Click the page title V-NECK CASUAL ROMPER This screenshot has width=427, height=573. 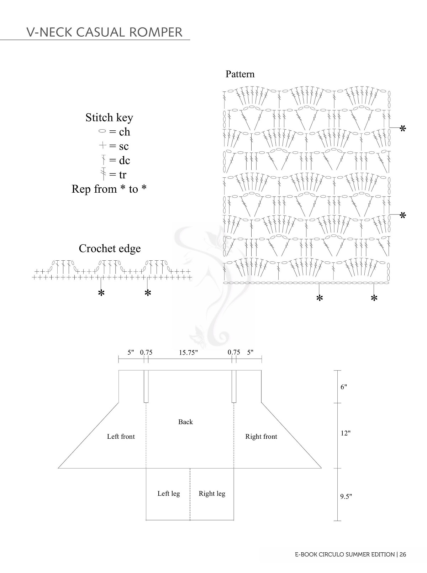(104, 32)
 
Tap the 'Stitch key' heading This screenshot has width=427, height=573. (109, 118)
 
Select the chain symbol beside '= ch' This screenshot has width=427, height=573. (102, 132)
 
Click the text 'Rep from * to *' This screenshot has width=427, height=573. (109, 189)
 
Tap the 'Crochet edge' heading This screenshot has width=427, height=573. (110, 248)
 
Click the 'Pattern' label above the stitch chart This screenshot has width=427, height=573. (240, 74)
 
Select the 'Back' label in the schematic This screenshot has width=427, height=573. (185, 422)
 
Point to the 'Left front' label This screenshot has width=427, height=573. (121, 436)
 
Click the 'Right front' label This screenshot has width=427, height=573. (261, 436)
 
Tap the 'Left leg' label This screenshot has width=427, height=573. (169, 493)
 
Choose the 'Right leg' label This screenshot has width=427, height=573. (212, 493)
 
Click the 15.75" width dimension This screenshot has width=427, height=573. (188, 352)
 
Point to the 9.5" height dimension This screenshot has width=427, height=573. (346, 496)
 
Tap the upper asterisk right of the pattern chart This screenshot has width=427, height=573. (403, 129)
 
